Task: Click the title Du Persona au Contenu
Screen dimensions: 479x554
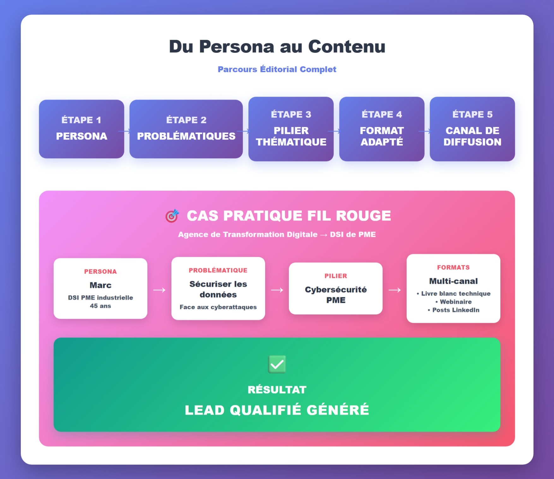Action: [x=277, y=46]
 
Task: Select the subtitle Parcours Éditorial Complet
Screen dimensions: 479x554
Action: [x=277, y=69]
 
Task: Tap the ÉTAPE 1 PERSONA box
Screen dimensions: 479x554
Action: [x=81, y=129]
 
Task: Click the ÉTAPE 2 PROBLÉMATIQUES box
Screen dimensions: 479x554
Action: [x=186, y=129]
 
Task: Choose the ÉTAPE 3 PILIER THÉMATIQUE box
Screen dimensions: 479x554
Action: [x=291, y=129]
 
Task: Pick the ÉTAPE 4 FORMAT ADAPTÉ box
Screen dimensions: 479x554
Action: [x=382, y=129]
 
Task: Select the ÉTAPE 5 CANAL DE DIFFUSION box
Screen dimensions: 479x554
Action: [x=472, y=129]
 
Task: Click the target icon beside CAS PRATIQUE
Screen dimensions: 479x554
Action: [x=172, y=216]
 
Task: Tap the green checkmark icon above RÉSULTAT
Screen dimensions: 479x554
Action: [x=277, y=364]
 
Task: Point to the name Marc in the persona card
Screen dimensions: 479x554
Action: [x=100, y=285]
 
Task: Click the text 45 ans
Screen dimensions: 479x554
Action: [x=100, y=306]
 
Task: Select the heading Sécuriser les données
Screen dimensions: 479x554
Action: [x=218, y=289]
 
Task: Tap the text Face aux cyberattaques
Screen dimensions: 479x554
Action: [x=218, y=307]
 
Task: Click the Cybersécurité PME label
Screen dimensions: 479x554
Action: [x=336, y=295]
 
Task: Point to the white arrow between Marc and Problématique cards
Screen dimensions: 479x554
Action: [x=159, y=290]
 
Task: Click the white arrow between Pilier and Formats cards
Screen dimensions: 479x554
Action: [x=395, y=290]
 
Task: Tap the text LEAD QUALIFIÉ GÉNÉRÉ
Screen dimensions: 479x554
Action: [x=277, y=410]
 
